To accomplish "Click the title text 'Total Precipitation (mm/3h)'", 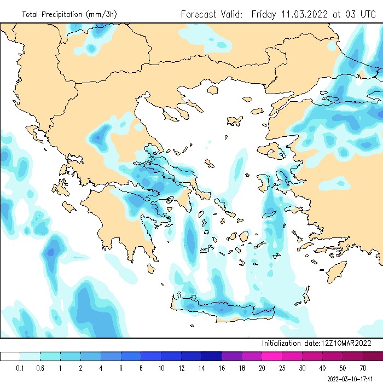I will tap(69, 14).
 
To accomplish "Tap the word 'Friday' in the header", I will tap(264, 14).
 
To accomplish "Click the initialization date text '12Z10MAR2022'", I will tap(345, 343).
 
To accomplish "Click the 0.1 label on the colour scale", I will tap(20, 368).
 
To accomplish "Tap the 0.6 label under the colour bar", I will tap(40, 368).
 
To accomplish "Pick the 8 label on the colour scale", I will tap(141, 368).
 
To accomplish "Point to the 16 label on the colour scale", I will tap(222, 368).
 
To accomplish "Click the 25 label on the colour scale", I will tap(282, 368).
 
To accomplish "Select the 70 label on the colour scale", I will tap(363, 368).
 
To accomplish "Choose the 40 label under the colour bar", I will tap(322, 368).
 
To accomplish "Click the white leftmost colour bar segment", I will tap(10, 356).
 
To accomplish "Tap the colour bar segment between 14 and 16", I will tap(211, 356).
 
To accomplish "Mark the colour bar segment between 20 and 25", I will tap(272, 356).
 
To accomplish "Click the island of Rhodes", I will tap(335, 270).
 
